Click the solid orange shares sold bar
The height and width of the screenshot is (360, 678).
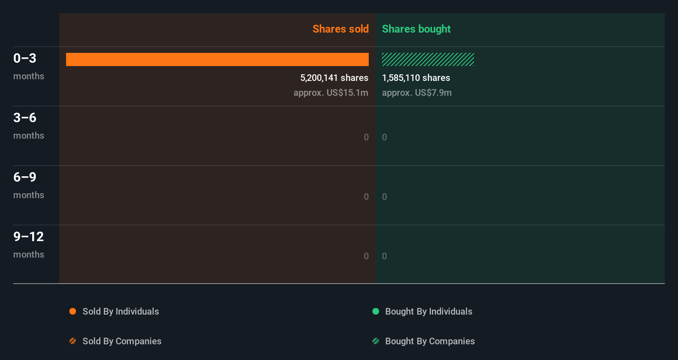click(x=217, y=59)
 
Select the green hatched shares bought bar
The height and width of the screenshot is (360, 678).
click(x=428, y=59)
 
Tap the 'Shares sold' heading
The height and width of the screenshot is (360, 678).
click(x=340, y=29)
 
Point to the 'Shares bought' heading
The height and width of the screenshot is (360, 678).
click(x=416, y=29)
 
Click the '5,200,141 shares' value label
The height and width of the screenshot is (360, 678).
click(x=334, y=78)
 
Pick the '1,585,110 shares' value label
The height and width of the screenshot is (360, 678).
click(x=416, y=78)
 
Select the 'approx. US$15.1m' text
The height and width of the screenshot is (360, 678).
click(x=331, y=92)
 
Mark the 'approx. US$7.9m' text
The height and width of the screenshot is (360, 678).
click(x=417, y=92)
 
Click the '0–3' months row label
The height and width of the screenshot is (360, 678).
click(x=25, y=58)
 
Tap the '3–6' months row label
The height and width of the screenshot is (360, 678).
click(x=25, y=118)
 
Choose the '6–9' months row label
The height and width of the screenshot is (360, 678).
click(x=25, y=177)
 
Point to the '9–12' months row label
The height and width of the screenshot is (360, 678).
click(x=28, y=237)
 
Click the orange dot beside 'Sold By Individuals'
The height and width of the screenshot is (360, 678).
click(x=73, y=311)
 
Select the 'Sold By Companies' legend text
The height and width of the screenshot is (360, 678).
click(x=122, y=341)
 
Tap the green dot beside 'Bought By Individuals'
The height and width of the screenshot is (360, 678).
click(x=376, y=311)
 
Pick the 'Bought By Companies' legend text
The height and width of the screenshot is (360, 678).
click(x=430, y=341)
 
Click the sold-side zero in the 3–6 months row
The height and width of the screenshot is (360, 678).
click(x=366, y=137)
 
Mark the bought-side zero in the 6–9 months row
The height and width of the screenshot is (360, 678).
click(x=384, y=197)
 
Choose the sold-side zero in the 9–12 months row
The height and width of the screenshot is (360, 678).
click(x=366, y=256)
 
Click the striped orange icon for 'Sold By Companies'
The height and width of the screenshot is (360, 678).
click(x=73, y=341)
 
